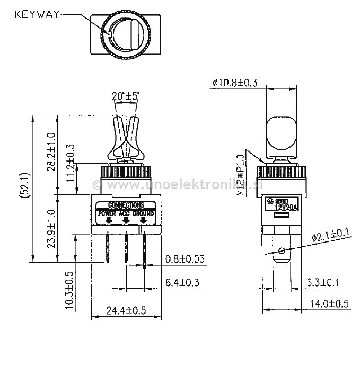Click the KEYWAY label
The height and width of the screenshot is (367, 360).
[36, 14]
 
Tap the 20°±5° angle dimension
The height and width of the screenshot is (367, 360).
[126, 96]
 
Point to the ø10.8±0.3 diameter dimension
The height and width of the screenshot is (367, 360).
[234, 83]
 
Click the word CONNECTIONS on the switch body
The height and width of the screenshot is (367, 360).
[126, 204]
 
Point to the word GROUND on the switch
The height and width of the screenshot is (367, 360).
[144, 213]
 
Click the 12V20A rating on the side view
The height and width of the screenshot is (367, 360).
[288, 207]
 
